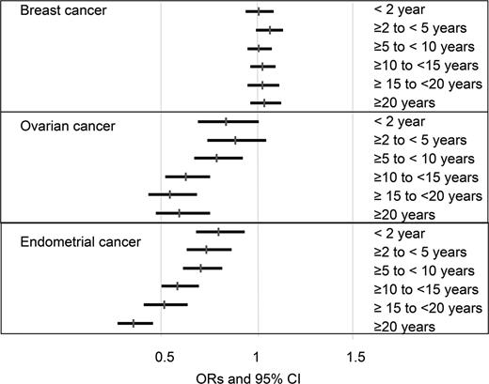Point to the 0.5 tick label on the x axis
[165, 357]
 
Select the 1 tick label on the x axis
[257, 357]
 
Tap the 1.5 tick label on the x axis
[355, 357]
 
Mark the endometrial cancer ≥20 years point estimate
[134, 323]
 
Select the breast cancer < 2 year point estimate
[259, 12]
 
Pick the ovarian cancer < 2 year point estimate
[226, 121]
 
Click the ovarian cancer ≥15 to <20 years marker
[170, 194]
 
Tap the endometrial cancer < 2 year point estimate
[218, 232]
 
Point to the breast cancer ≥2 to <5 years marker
[270, 31]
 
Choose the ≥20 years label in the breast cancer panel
[403, 102]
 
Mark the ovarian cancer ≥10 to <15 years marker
[185, 177]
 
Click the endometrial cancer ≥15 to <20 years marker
[164, 304]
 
